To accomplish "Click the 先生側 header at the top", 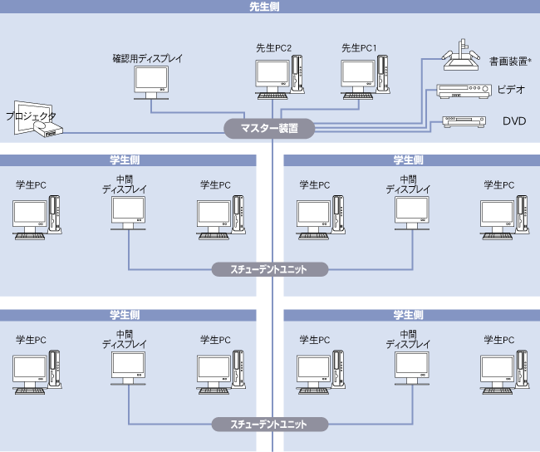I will (x=269, y=6).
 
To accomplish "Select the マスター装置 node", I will (x=270, y=129).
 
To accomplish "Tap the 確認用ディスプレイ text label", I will (x=147, y=59).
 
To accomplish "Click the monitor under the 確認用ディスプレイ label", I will (x=150, y=81).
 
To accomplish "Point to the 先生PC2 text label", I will (x=273, y=48).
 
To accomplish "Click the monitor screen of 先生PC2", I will (x=271, y=73).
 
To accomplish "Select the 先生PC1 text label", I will (x=359, y=48).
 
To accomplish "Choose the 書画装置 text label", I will (x=508, y=61).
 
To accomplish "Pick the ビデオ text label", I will (x=512, y=90).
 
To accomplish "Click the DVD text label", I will (x=514, y=121).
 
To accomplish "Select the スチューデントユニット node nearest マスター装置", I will (x=269, y=269).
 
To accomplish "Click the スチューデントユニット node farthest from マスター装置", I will (x=269, y=424).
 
